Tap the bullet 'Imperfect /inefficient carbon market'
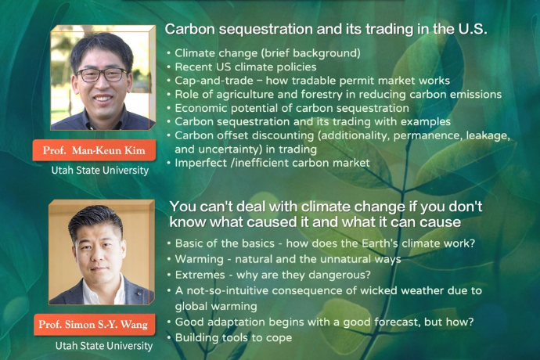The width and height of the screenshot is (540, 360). click(x=271, y=162)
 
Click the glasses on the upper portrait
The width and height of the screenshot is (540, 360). click(x=101, y=75)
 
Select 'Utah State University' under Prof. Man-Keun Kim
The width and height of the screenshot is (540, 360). click(x=100, y=170)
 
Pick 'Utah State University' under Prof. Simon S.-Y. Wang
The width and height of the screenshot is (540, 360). click(x=103, y=344)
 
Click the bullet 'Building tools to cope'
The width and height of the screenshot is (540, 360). click(x=232, y=337)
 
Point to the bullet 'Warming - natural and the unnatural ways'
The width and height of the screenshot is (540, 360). click(x=287, y=258)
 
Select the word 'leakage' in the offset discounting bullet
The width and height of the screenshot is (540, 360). click(x=487, y=135)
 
